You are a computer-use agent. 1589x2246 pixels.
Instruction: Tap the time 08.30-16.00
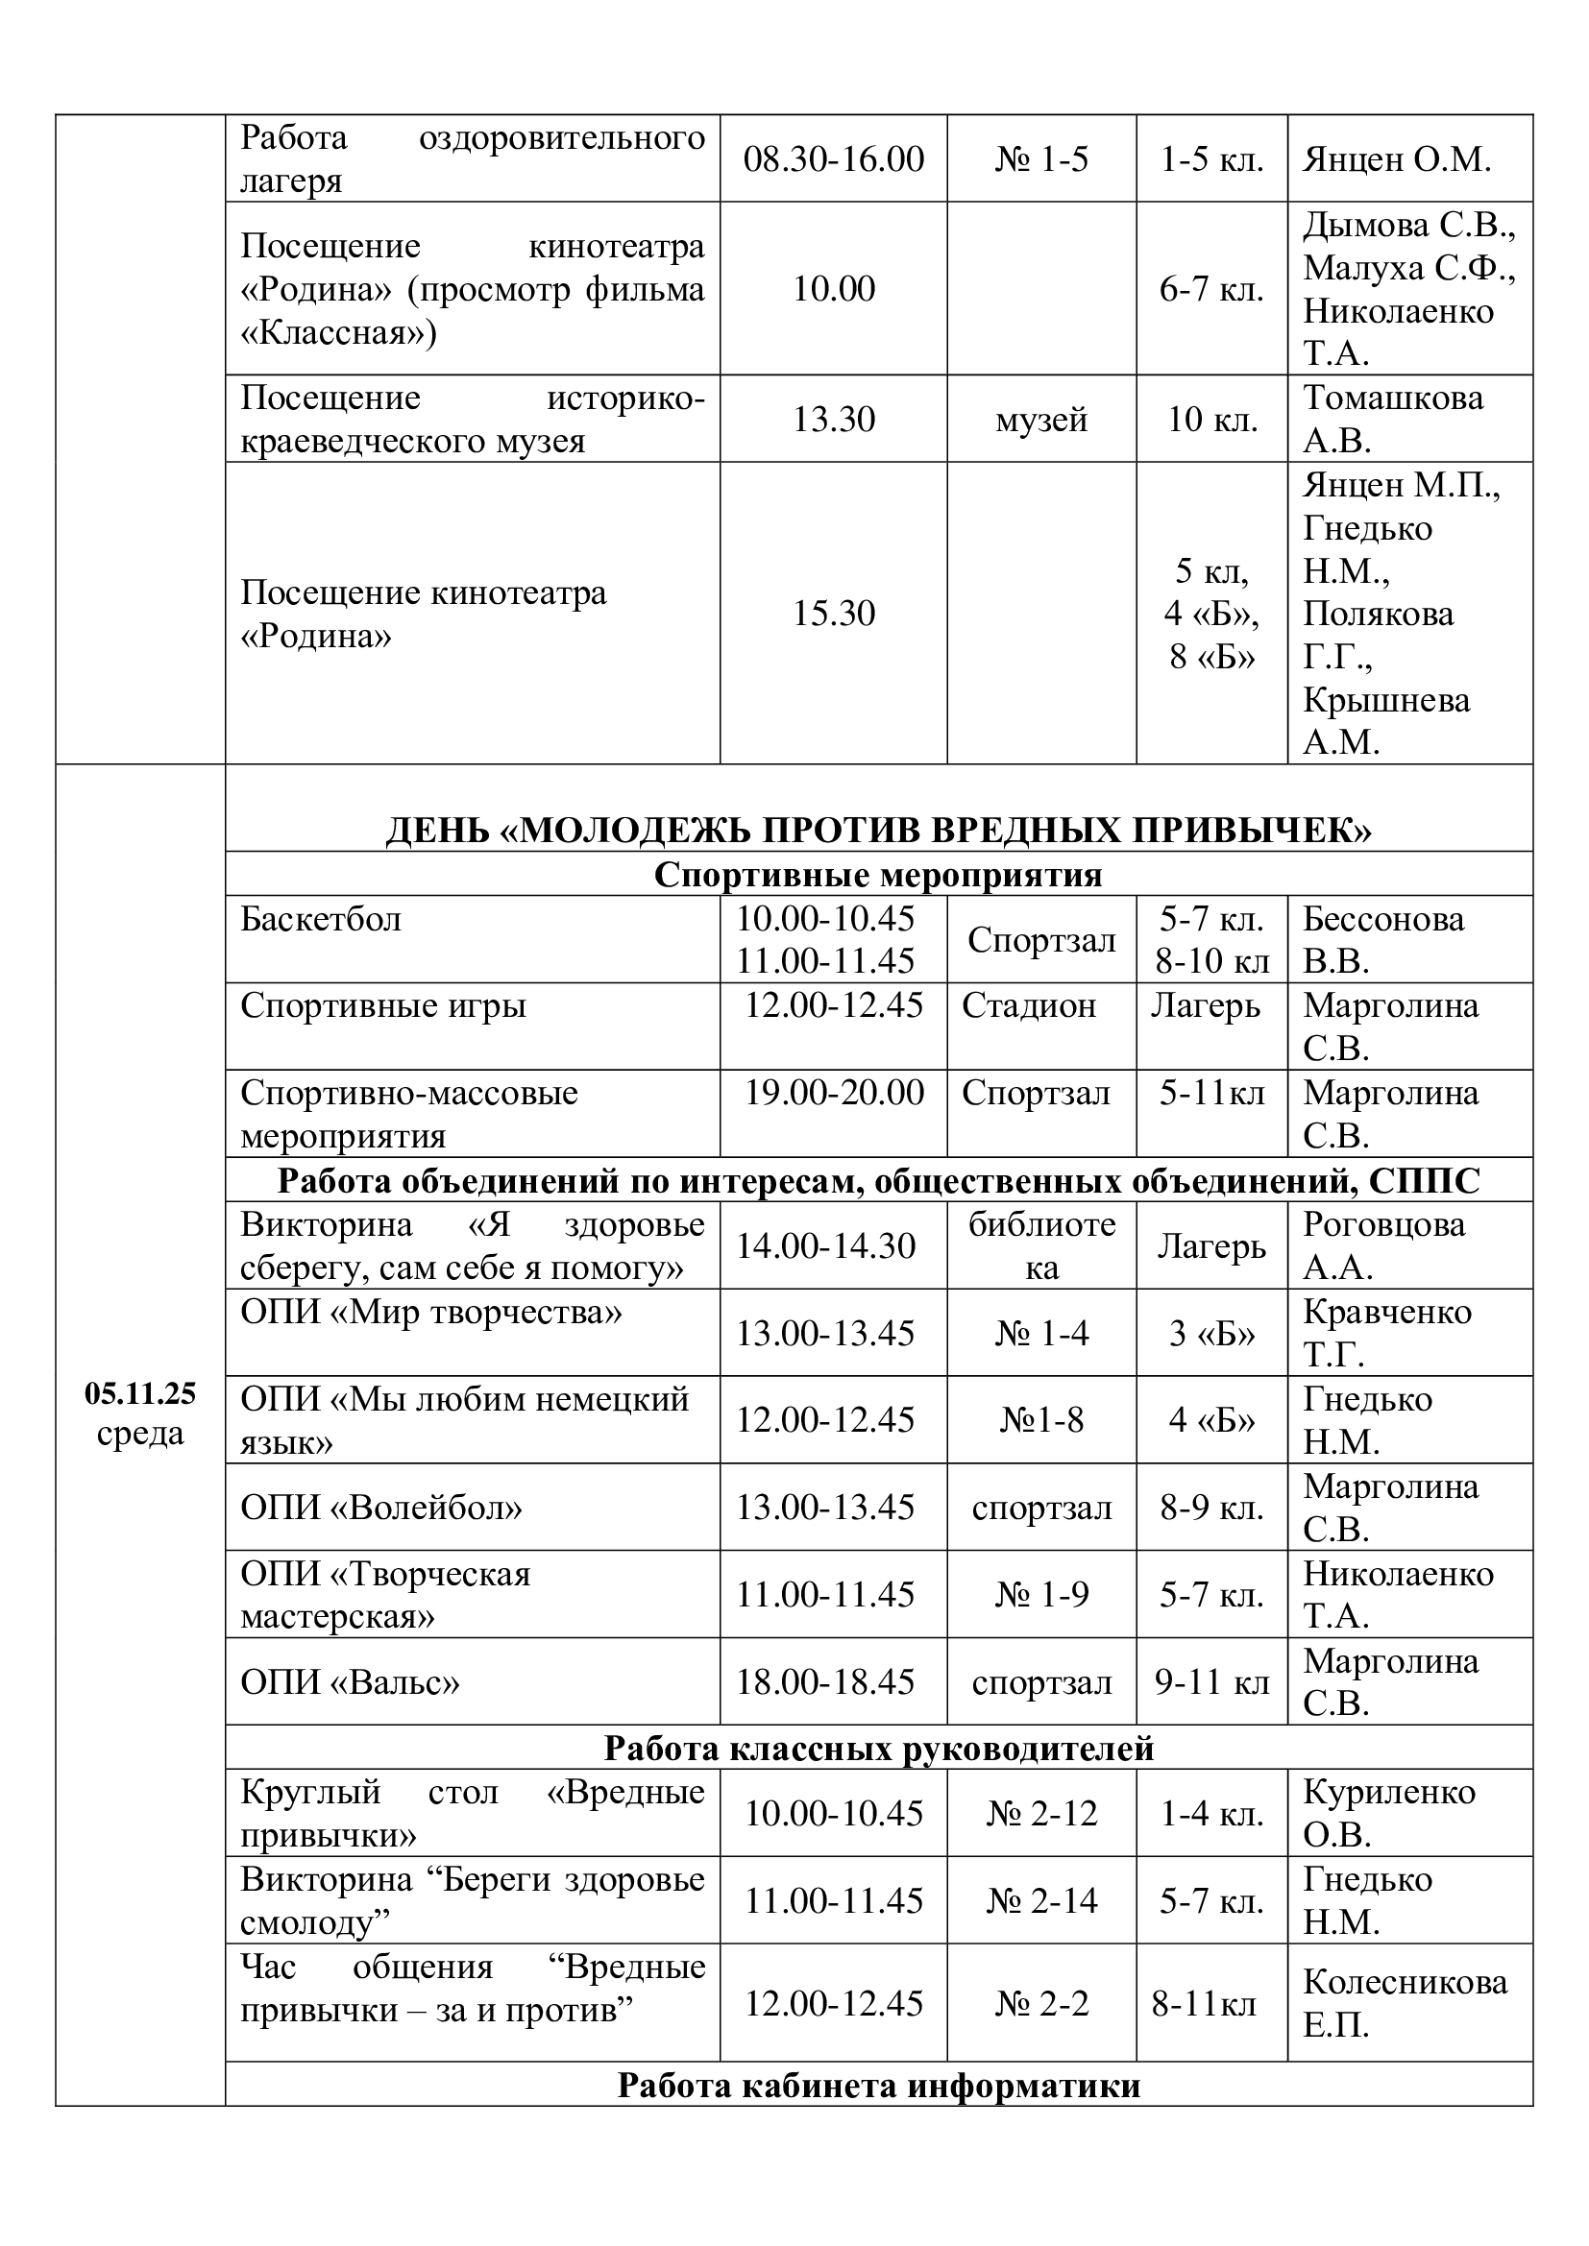tap(833, 159)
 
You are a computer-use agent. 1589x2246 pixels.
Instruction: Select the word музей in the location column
tap(1041, 420)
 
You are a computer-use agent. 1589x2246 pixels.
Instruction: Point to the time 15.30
tap(833, 614)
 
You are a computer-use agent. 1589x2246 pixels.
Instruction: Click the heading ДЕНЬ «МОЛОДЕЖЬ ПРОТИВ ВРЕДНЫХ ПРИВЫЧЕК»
tap(878, 831)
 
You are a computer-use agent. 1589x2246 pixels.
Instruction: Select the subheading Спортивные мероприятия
tap(878, 875)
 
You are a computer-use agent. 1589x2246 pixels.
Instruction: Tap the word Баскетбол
tap(321, 920)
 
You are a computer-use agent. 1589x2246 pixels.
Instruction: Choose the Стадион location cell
tap(1028, 1005)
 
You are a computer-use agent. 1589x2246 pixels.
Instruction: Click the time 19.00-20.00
tap(834, 1093)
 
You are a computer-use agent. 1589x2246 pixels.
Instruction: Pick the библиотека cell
tap(1041, 1245)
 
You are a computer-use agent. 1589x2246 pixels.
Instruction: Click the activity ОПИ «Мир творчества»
tap(430, 1312)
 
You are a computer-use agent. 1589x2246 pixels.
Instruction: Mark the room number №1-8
tap(1041, 1419)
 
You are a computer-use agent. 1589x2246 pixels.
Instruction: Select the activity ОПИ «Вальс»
tap(350, 1681)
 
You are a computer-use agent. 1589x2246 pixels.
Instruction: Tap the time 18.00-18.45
tap(825, 1681)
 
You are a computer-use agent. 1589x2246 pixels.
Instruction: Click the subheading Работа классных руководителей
tap(878, 1747)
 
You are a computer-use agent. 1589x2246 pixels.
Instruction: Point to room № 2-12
tap(1041, 1813)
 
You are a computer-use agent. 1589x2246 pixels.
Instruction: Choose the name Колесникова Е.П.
tap(1405, 2003)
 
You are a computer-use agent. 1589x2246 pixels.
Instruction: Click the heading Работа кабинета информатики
tap(878, 2086)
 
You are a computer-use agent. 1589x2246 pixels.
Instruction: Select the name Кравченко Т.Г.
tap(1386, 1333)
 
